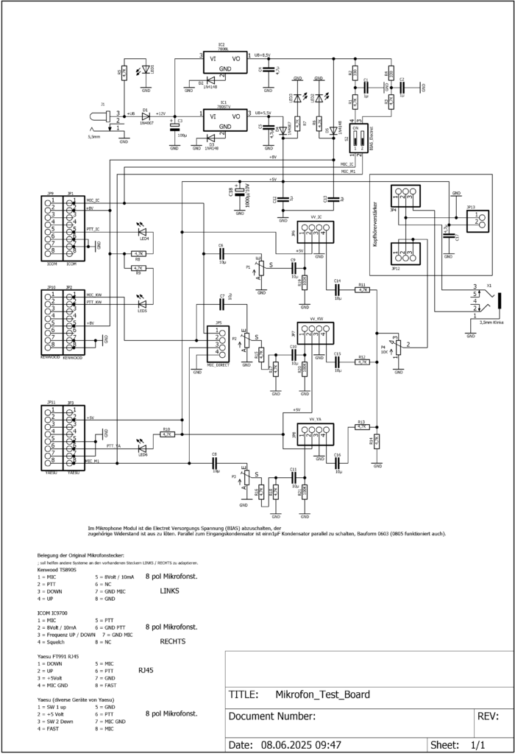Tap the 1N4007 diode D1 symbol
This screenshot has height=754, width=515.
pos(146,115)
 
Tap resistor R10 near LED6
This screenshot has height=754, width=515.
pos(166,434)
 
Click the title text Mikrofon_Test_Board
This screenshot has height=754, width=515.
pos(322,694)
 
